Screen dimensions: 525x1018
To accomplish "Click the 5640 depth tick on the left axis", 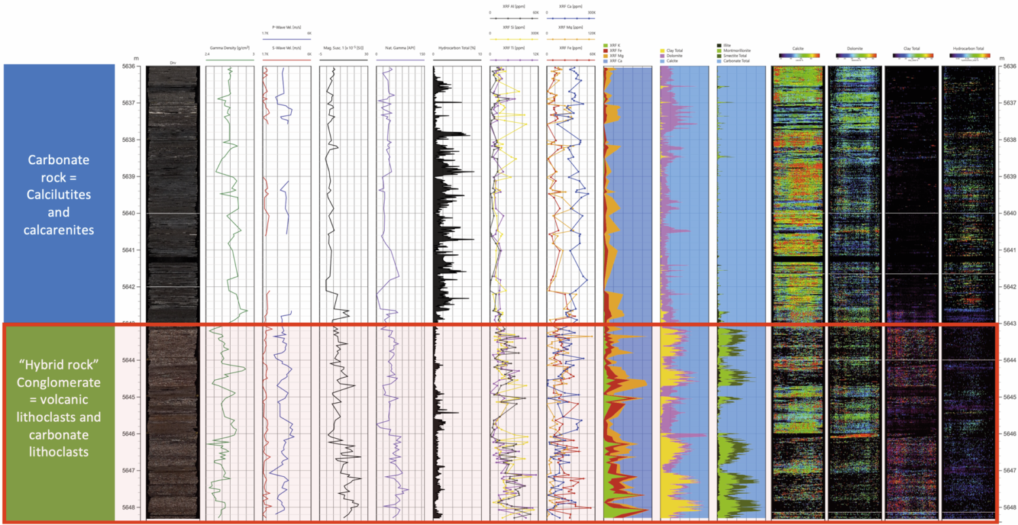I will pyautogui.click(x=128, y=213).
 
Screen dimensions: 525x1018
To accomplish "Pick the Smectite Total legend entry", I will pyautogui.click(x=737, y=56).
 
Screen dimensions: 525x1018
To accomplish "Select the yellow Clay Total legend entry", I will pyautogui.click(x=675, y=50).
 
